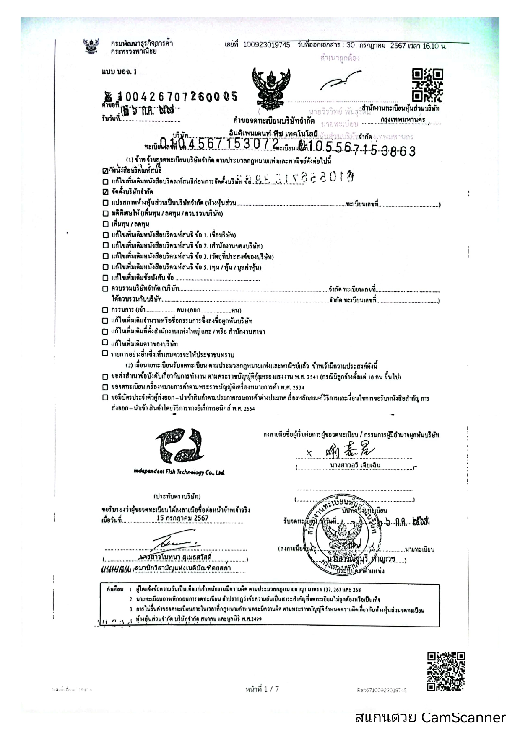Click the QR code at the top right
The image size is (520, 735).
point(427,85)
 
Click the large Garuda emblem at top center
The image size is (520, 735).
point(271,88)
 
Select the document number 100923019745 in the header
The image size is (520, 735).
point(266,45)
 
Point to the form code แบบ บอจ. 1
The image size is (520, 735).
point(119,72)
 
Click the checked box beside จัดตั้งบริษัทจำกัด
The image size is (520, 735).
point(105,192)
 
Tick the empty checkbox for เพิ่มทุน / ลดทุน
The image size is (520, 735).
point(105,224)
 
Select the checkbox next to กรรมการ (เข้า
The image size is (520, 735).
point(105,310)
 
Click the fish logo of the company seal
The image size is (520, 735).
point(179,447)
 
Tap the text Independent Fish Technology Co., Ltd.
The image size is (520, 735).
point(179,472)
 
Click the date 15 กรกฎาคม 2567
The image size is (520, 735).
point(182,518)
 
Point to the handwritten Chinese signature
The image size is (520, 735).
point(349,451)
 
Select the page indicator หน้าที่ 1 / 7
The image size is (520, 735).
point(262,689)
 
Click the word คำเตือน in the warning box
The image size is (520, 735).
point(115,589)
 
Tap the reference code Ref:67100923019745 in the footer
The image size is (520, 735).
point(382,690)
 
